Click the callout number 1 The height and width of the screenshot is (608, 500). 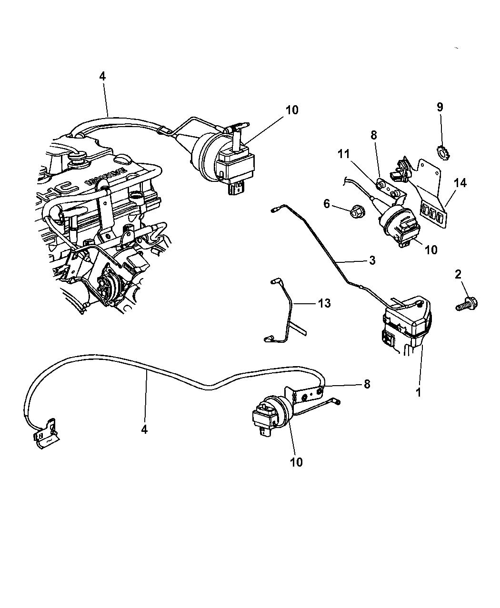click(419, 393)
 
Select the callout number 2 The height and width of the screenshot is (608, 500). click(458, 274)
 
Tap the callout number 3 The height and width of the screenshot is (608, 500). click(372, 260)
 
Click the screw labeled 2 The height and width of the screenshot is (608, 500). click(467, 303)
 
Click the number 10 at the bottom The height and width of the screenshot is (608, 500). click(296, 462)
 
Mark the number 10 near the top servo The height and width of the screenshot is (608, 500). click(292, 110)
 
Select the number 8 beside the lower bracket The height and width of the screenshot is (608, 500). click(367, 384)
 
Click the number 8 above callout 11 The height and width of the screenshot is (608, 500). click(373, 135)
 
